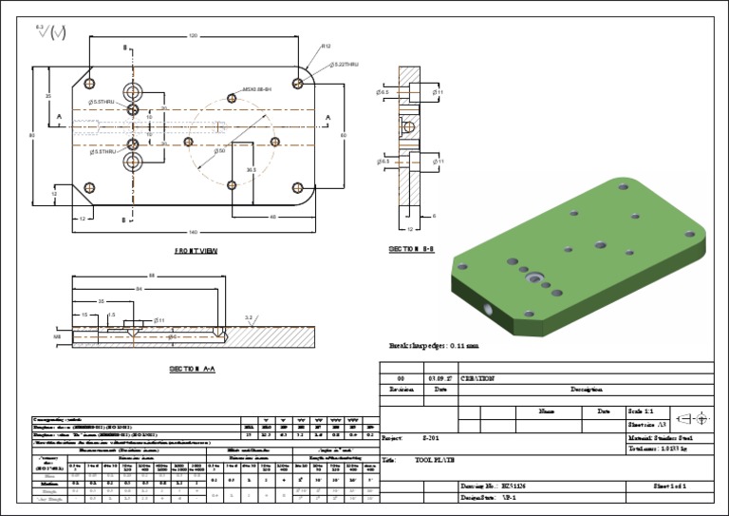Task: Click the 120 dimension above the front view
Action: (x=194, y=36)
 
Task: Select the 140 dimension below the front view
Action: (x=194, y=232)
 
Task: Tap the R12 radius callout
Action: (x=326, y=46)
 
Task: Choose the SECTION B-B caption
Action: (x=412, y=249)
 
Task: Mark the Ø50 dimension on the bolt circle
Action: (x=219, y=151)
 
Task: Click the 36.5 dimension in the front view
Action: (x=252, y=169)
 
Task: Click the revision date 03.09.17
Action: (x=439, y=377)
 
